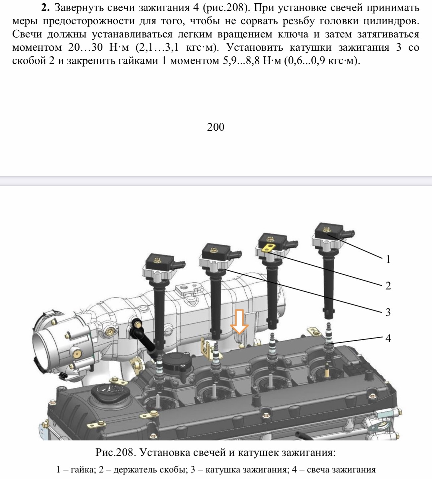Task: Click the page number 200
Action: coord(216,127)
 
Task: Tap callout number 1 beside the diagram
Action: coord(388,259)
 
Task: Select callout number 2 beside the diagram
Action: coord(388,286)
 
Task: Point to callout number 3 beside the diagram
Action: coord(388,312)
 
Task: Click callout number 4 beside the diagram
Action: coord(388,338)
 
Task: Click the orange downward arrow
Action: coord(239,322)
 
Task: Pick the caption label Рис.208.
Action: coord(114,452)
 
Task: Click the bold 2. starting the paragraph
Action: coord(45,8)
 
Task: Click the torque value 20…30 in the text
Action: coord(86,47)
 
